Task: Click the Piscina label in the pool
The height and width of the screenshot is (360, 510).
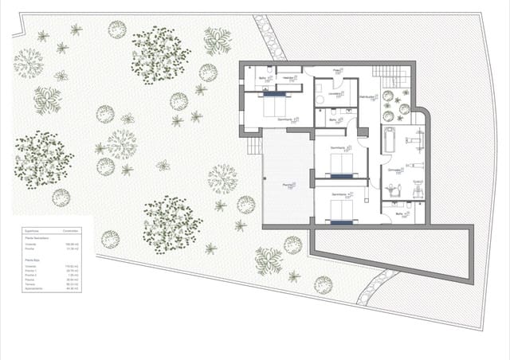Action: (x=288, y=186)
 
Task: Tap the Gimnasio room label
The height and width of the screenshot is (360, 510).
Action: (x=394, y=170)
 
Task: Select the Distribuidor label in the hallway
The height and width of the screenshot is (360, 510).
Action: (x=367, y=97)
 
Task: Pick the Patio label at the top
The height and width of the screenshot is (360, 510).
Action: (x=337, y=70)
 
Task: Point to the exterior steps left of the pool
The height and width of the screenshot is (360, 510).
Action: (x=255, y=147)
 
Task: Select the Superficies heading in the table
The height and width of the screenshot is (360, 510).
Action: (x=33, y=228)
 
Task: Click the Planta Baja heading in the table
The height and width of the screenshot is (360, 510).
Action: (x=33, y=259)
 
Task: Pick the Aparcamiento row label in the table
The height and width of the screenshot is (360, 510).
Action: (x=35, y=289)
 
